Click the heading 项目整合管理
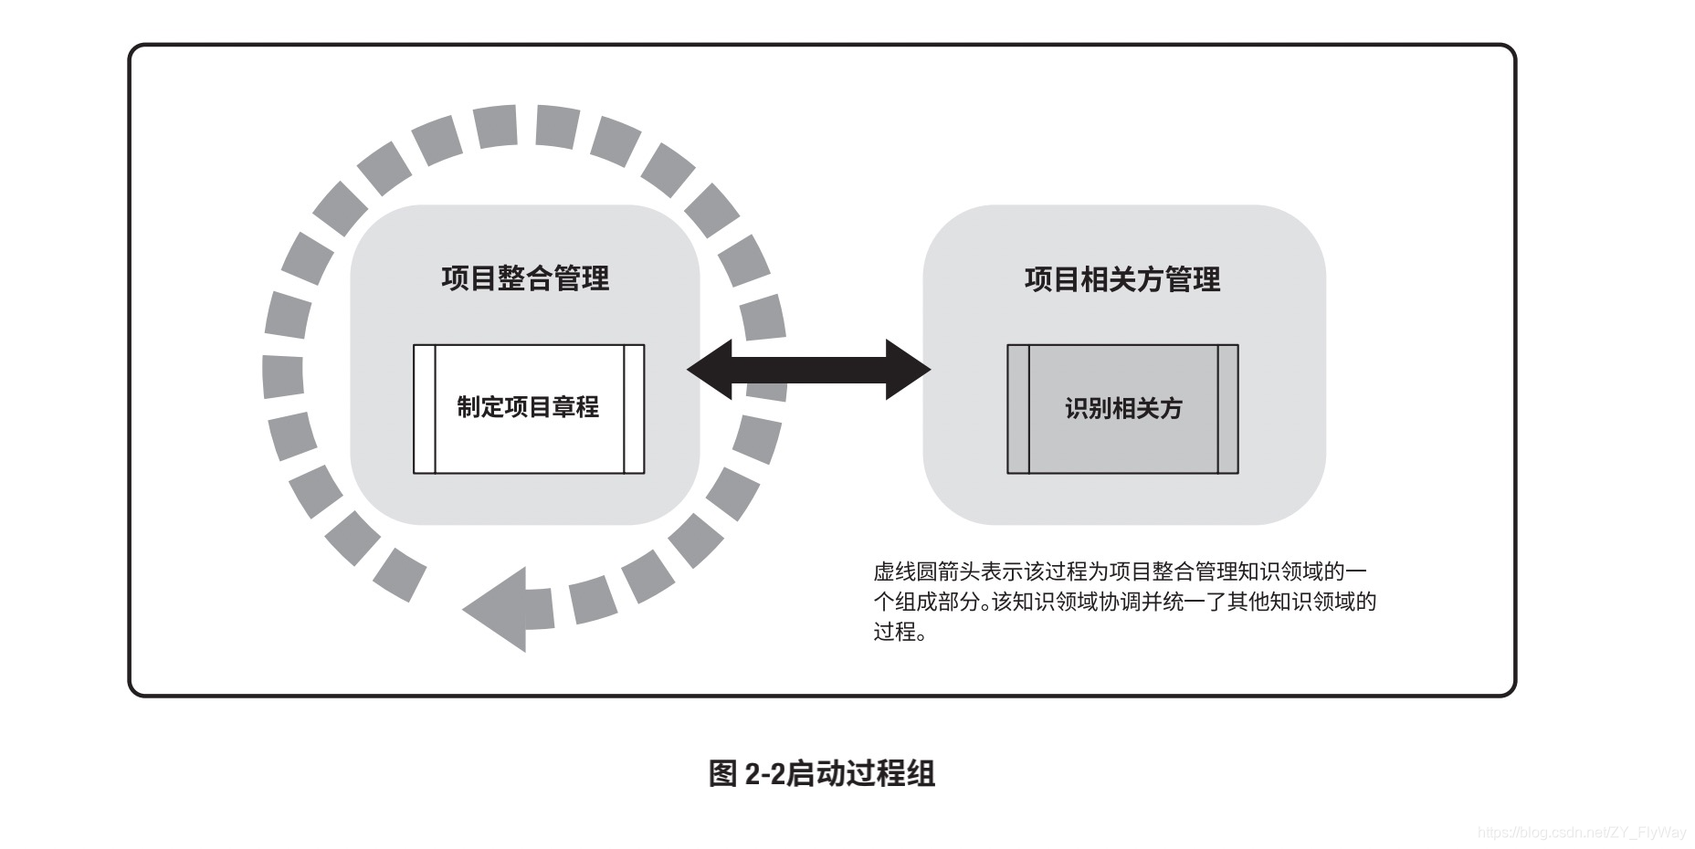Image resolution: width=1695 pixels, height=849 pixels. pyautogui.click(x=525, y=278)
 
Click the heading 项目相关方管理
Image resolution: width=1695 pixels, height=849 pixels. pyautogui.click(x=1122, y=279)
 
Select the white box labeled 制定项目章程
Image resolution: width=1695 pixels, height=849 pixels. pyautogui.click(x=529, y=408)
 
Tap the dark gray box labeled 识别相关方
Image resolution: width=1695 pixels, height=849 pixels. pyautogui.click(x=1123, y=408)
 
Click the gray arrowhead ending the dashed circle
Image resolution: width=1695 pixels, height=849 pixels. pyautogui.click(x=500, y=609)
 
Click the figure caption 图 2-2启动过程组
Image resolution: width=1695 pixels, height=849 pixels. pyautogui.click(x=822, y=773)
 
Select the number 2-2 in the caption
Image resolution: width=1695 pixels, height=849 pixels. pyautogui.click(x=764, y=774)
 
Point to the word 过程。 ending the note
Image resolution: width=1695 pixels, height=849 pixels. pyautogui.click(x=900, y=632)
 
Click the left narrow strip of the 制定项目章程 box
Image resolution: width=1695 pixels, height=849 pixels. pyautogui.click(x=425, y=409)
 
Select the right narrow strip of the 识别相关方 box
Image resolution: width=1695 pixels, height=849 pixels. pyautogui.click(x=1228, y=409)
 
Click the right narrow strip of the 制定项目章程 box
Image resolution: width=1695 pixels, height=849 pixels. pyautogui.click(x=634, y=409)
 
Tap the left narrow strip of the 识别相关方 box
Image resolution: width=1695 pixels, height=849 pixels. pyautogui.click(x=1018, y=409)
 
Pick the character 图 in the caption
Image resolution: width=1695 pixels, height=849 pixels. pyautogui.click(x=722, y=773)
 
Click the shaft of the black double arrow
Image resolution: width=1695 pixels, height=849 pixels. pyautogui.click(x=809, y=370)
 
